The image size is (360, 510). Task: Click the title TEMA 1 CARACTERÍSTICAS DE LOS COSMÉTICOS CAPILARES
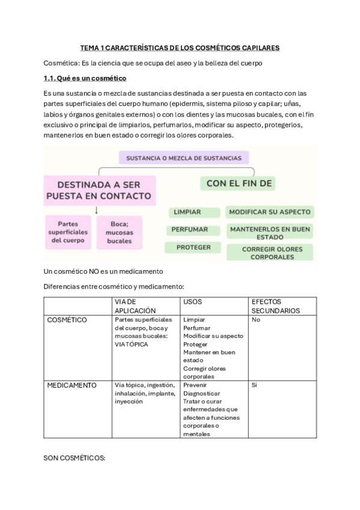pos(180,47)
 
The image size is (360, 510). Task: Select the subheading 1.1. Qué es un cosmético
pos(85,78)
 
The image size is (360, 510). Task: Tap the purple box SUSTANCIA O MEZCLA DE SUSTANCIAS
pos(183,158)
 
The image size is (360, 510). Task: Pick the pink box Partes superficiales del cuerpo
pos(69,232)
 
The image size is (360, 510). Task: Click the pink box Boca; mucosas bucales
pos(119,232)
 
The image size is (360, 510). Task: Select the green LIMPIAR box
pos(187,212)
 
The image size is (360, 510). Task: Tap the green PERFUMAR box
pos(189,229)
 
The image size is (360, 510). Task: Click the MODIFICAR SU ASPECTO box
pos(270,212)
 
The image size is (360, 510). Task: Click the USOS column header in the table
pos(193,301)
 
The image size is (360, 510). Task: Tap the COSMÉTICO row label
pos(67,320)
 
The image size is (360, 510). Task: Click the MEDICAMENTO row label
pos(71,385)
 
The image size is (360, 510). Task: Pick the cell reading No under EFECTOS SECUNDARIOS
pos(256,320)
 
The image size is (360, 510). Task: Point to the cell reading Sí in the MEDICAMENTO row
pos(254,385)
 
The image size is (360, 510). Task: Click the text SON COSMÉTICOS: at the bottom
pos(75,458)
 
